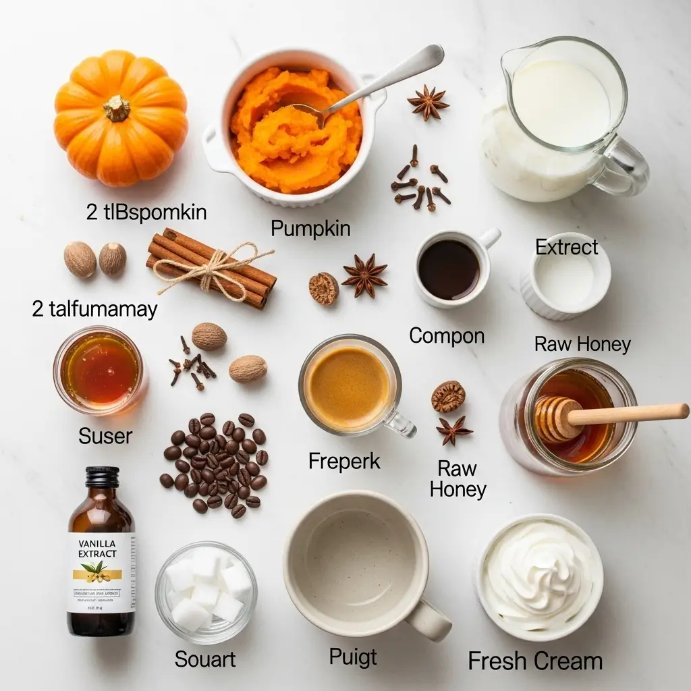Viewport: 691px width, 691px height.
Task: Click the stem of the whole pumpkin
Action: [117, 108]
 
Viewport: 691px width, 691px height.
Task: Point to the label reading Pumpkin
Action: [310, 228]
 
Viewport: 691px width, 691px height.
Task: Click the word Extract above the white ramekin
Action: [567, 247]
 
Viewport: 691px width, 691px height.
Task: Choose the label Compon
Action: [447, 335]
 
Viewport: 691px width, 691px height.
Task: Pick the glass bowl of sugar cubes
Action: [206, 590]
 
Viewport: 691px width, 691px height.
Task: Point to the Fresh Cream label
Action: [535, 661]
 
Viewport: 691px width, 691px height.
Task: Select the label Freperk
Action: [344, 462]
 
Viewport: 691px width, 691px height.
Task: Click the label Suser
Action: [105, 435]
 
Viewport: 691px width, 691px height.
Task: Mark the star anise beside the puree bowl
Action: [428, 103]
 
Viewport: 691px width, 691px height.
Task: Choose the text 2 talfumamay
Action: [94, 309]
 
